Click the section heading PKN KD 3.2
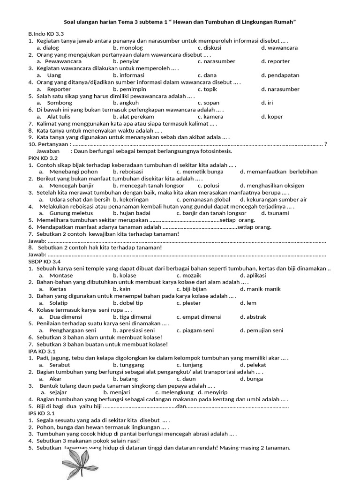click(x=43, y=158)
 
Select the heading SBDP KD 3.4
click(x=45, y=261)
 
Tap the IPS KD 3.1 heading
click(x=42, y=414)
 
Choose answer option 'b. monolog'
click(x=127, y=48)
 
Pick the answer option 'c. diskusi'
click(x=210, y=48)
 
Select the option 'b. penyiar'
click(x=126, y=61)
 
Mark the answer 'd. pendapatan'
click(x=280, y=75)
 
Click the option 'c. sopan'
click(x=208, y=103)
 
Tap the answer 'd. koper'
click(x=272, y=117)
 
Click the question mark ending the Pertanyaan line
click(x=326, y=144)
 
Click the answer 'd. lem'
click(x=248, y=303)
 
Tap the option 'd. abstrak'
click(x=253, y=317)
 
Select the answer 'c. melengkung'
click(x=174, y=392)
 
